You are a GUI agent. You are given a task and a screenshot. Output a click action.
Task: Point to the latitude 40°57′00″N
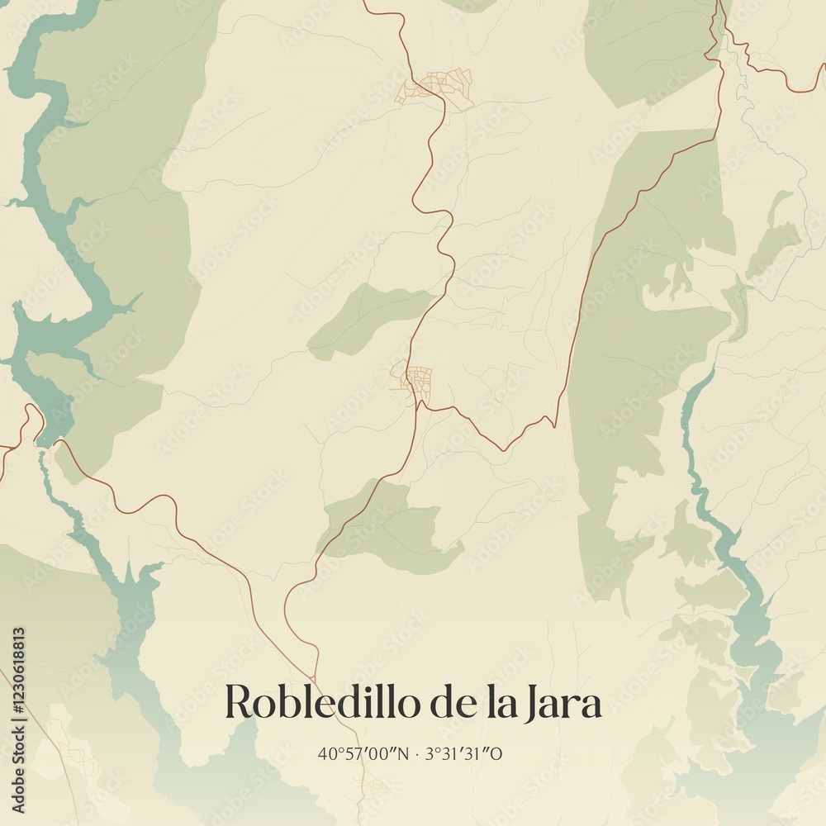click(363, 753)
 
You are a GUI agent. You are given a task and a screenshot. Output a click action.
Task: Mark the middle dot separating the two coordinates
click(418, 753)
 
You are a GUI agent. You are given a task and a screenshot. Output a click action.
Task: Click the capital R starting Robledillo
click(238, 703)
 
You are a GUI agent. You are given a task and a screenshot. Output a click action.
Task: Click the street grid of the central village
click(417, 381)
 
